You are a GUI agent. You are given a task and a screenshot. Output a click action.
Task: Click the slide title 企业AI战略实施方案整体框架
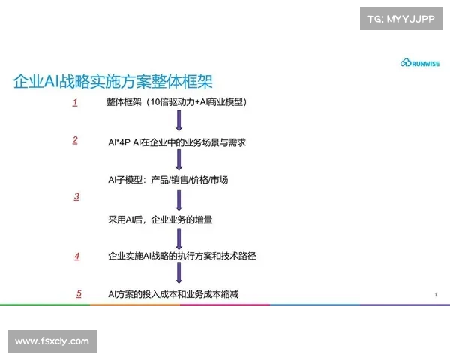tap(118, 81)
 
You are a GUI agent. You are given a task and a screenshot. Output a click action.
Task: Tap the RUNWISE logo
tap(420, 64)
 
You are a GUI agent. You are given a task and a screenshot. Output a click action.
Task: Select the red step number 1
tap(75, 102)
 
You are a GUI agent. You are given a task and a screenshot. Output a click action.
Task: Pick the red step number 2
tap(75, 140)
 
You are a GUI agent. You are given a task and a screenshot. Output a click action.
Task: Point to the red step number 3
tap(76, 196)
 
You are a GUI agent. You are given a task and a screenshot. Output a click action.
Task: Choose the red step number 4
tap(76, 256)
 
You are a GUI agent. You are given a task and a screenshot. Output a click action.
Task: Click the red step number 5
tap(79, 292)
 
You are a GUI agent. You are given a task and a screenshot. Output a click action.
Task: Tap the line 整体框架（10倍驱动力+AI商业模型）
tap(178, 102)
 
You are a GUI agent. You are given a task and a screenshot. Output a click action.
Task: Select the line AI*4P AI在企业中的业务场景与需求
tap(178, 142)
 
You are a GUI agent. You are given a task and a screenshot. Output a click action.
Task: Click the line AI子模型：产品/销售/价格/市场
tap(168, 180)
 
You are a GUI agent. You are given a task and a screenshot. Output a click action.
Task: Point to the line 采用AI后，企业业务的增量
tap(160, 220)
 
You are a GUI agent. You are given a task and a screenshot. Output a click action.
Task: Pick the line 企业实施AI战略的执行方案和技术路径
tap(182, 256)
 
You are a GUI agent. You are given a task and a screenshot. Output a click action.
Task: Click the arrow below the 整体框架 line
tap(179, 121)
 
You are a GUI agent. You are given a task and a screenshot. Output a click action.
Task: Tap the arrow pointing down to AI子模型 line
tap(179, 160)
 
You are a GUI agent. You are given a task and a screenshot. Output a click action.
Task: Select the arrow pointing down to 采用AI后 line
tap(179, 199)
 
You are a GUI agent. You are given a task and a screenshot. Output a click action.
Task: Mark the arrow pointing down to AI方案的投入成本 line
tap(179, 275)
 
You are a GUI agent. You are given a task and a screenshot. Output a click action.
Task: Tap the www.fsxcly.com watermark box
tap(52, 341)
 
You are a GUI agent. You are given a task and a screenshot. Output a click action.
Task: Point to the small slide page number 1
tap(435, 294)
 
